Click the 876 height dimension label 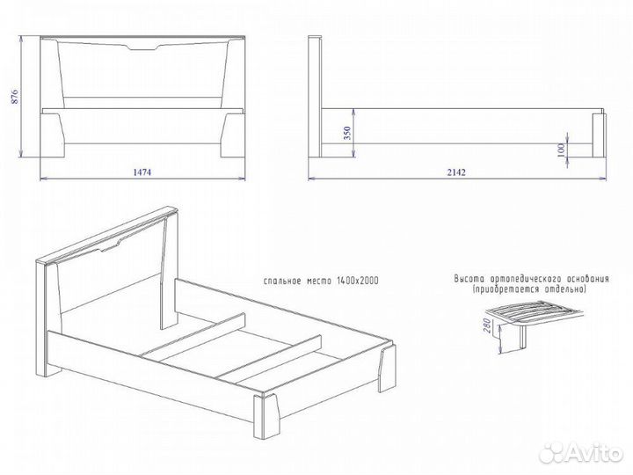[15, 96]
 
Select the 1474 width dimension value [142, 172]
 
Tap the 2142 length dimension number [456, 172]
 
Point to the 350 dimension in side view [347, 133]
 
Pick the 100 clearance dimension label [561, 150]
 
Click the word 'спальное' [282, 281]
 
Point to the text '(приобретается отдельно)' [529, 289]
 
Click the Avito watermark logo [580, 453]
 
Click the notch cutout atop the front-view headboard [142, 47]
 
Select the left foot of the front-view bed [53, 135]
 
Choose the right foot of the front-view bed [233, 135]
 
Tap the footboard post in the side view [599, 135]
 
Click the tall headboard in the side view [315, 97]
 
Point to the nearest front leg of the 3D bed [266, 415]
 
